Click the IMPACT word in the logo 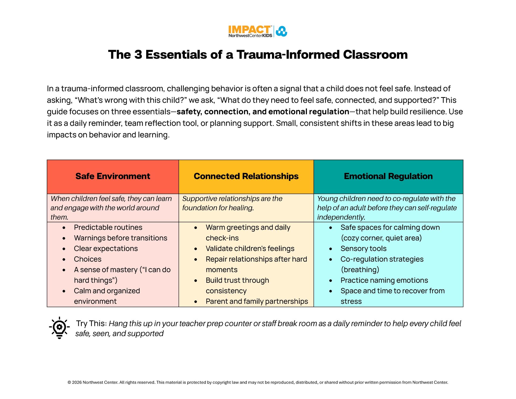point(249,30)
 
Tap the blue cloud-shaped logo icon point(281,31)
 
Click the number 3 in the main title point(138,55)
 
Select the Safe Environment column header point(113,176)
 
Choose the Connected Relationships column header point(246,176)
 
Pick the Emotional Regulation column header point(388,176)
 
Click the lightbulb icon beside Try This point(59,328)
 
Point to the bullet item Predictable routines point(108,227)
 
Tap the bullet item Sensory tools point(363,249)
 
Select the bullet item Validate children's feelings point(250,249)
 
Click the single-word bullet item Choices point(88,259)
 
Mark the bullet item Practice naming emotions point(384,280)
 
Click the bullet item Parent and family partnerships point(257,301)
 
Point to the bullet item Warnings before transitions point(120,238)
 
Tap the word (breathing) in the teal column point(360,270)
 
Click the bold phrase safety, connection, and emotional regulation point(263,112)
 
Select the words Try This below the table point(91,323)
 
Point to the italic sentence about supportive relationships point(232,203)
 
